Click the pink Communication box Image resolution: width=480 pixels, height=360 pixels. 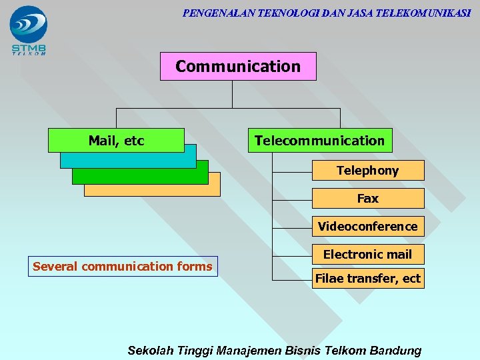click(x=238, y=66)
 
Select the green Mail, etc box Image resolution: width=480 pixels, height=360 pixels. click(x=116, y=140)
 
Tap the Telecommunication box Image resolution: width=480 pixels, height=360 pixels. click(x=319, y=141)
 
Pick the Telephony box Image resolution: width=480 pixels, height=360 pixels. click(x=367, y=171)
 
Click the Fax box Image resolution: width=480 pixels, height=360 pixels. click(x=367, y=199)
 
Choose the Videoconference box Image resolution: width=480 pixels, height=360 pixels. click(x=367, y=227)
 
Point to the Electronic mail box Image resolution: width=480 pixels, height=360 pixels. click(x=367, y=254)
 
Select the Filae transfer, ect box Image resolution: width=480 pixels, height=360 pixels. click(x=367, y=279)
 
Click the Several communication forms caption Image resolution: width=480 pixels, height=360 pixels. click(x=123, y=267)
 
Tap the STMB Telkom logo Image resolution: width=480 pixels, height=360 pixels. click(x=29, y=30)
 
